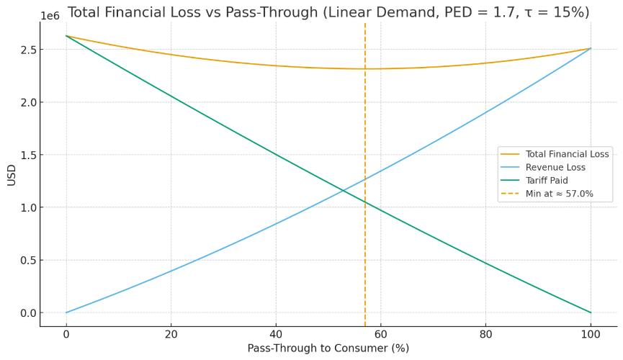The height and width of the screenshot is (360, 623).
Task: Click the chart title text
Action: pyautogui.click(x=339, y=12)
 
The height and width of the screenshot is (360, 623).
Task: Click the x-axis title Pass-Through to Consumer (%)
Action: pyautogui.click(x=328, y=348)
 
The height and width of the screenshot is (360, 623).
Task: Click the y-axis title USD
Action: pyautogui.click(x=12, y=174)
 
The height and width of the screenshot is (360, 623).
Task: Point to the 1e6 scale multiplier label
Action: pyautogui.click(x=50, y=16)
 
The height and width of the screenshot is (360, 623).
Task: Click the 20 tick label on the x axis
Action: pyautogui.click(x=171, y=334)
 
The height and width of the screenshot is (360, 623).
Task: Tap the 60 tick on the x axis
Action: pyautogui.click(x=381, y=334)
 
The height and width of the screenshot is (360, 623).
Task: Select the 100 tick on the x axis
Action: pyautogui.click(x=591, y=334)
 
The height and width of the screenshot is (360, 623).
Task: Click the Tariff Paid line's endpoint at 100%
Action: pyautogui.click(x=591, y=312)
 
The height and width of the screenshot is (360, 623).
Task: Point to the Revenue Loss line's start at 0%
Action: pyautogui.click(x=66, y=312)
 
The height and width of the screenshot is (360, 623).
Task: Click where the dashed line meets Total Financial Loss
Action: pyautogui.click(x=365, y=69)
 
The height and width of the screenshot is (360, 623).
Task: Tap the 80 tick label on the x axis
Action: pyautogui.click(x=485, y=334)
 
